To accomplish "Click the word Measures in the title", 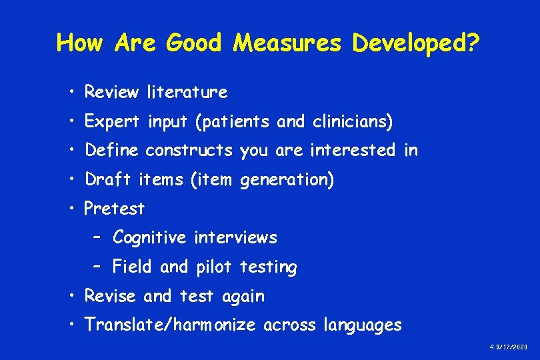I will coord(287,43).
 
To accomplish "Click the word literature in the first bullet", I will coord(187,92).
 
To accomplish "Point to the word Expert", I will coord(112,122).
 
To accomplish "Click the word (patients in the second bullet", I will coord(223,122).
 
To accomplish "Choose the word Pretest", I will coord(114,209).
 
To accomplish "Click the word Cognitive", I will coord(151,237).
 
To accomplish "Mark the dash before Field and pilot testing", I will coord(97,267).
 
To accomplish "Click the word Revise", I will coord(110,296).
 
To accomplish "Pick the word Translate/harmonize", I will coord(171,325).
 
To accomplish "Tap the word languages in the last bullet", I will coord(362,325).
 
